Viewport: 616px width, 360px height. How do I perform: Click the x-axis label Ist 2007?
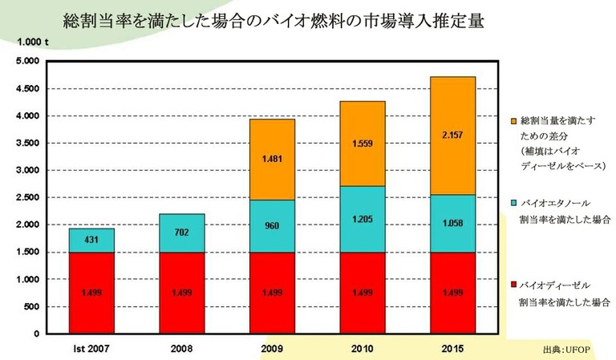91,348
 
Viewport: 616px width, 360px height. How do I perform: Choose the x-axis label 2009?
272,348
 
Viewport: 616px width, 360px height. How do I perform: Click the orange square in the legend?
513,119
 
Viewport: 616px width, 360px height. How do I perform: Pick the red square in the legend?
513,285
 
